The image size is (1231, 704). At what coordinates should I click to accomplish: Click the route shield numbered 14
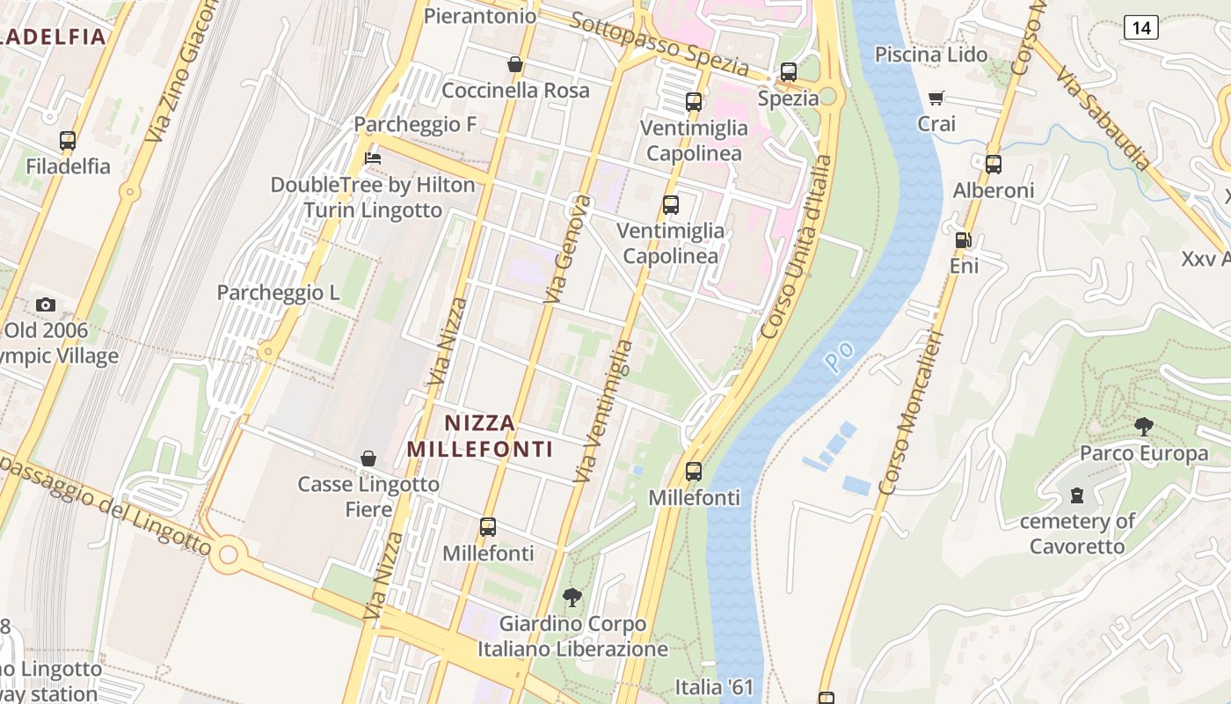click(1140, 27)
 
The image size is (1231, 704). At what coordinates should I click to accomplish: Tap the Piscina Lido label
click(931, 55)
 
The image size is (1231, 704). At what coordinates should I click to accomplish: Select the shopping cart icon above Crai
click(936, 98)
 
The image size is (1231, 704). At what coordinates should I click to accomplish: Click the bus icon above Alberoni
click(993, 164)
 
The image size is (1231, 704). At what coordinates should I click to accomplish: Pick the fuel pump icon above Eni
click(964, 239)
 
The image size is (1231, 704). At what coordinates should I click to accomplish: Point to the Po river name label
click(840, 356)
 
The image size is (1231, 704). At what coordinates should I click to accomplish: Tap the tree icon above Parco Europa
click(1143, 428)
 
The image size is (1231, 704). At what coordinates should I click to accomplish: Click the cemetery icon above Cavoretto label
click(1077, 495)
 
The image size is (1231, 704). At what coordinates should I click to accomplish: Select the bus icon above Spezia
click(788, 72)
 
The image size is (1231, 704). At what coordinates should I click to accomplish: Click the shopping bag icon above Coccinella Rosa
click(515, 64)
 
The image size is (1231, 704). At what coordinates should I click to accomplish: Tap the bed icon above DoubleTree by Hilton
click(373, 158)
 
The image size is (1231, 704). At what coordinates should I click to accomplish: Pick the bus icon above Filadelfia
click(68, 140)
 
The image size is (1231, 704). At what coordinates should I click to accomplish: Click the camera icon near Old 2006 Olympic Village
click(46, 305)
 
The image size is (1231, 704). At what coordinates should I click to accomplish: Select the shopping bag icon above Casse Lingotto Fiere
click(368, 458)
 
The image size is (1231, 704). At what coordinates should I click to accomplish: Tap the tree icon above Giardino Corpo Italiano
click(572, 598)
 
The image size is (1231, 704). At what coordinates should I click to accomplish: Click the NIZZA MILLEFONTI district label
click(480, 436)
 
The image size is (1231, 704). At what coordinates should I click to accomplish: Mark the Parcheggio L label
click(278, 293)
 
